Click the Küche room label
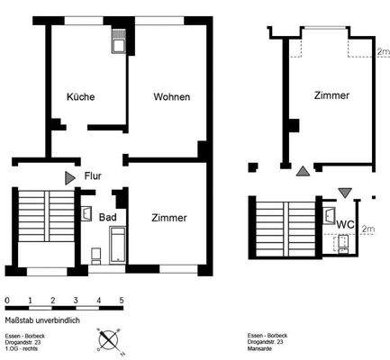pyautogui.click(x=80, y=96)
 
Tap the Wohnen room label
pyautogui.click(x=171, y=96)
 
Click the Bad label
pyautogui.click(x=107, y=218)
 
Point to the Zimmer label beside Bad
pyautogui.click(x=169, y=218)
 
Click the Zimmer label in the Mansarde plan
pyautogui.click(x=331, y=95)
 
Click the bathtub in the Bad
pyautogui.click(x=118, y=244)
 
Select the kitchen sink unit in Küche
pyautogui.click(x=118, y=41)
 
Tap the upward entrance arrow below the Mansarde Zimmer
pyautogui.click(x=302, y=170)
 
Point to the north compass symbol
pyautogui.click(x=108, y=339)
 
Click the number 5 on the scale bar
pyautogui.click(x=122, y=300)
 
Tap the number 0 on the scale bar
pyautogui.click(x=7, y=300)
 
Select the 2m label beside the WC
pyautogui.click(x=367, y=229)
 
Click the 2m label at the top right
pyautogui.click(x=382, y=52)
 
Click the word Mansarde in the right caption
pyautogui.click(x=260, y=348)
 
